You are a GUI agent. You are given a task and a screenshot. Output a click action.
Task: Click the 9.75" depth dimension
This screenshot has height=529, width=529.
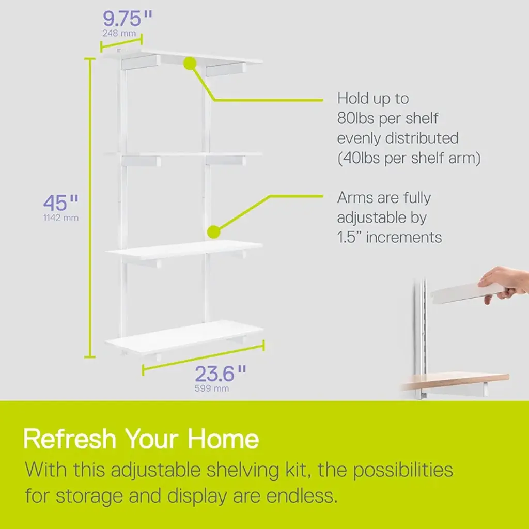point(127,19)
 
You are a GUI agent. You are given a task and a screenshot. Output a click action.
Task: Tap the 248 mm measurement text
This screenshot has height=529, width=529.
point(119,34)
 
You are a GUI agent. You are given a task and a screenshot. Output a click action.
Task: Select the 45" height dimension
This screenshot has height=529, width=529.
point(61,203)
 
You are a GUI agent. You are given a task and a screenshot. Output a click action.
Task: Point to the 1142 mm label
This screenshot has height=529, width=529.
point(61,218)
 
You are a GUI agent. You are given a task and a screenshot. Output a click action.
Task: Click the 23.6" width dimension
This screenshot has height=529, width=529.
point(220,374)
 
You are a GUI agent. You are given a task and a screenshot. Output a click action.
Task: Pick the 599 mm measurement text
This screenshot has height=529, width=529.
point(212,388)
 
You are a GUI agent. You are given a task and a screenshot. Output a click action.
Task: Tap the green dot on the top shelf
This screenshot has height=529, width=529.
point(190,64)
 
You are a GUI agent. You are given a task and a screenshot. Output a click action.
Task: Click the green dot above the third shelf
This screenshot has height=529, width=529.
point(213,232)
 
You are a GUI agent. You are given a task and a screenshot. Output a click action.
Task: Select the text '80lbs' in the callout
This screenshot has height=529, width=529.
point(355,118)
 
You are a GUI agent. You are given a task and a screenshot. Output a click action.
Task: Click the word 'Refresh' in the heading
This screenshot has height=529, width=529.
point(70,439)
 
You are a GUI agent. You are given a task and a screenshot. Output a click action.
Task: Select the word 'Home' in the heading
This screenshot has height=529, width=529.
point(223,439)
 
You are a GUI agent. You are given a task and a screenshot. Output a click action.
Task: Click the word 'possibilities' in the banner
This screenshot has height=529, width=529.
point(403,470)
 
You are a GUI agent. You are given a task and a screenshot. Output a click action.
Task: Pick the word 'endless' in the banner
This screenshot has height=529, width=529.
point(302,496)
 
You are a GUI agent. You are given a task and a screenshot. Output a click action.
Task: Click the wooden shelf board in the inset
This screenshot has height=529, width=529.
point(456,381)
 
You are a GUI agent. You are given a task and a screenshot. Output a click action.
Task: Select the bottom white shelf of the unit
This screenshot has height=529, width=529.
point(184,337)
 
